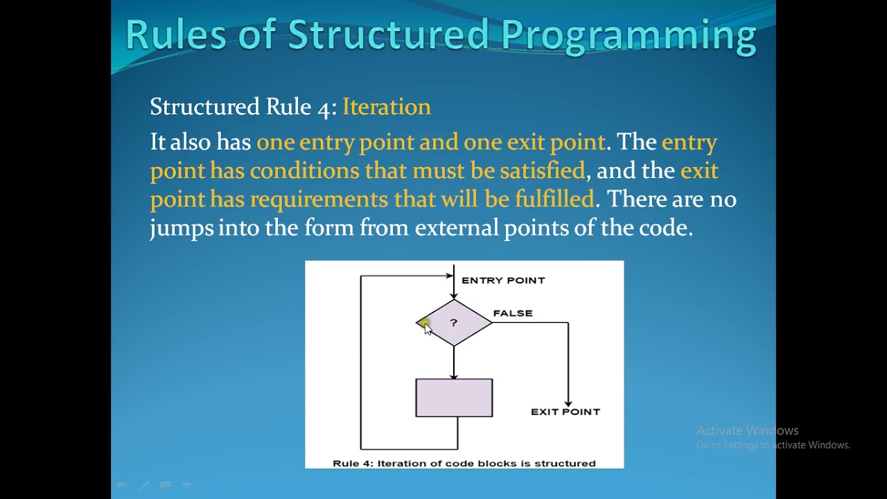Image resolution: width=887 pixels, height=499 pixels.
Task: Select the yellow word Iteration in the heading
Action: pos(387,107)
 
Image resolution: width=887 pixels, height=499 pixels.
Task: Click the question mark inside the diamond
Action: pos(454,323)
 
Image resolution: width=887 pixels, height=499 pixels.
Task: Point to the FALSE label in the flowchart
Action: pos(513,313)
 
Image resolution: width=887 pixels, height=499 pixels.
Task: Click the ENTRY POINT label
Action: pos(503,281)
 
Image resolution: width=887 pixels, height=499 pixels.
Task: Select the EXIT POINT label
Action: pos(565,412)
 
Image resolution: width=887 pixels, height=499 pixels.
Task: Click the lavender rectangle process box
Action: pos(454,398)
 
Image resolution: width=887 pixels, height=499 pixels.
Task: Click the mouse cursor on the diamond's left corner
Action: pos(425,327)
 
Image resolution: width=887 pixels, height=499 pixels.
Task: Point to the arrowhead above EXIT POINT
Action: pos(568,403)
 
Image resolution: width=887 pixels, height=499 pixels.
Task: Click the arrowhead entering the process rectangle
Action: pos(454,375)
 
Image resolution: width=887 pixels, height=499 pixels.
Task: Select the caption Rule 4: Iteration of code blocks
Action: pos(464,463)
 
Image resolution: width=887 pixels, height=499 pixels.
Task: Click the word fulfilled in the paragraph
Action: pos(554,200)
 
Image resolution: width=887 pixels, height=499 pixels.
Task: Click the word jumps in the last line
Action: pos(182,228)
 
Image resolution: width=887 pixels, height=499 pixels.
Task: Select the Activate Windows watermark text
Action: pos(747,430)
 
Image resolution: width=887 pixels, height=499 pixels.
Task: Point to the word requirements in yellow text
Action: pos(319,200)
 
